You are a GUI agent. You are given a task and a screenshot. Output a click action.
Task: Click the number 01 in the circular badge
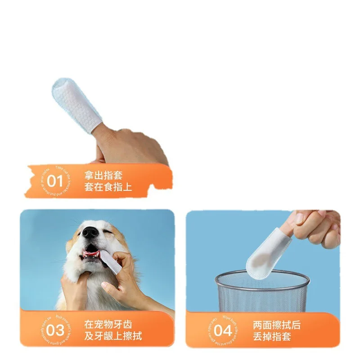pyautogui.click(x=55, y=181)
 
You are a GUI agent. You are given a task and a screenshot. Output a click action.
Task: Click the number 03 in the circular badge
pyautogui.click(x=55, y=330)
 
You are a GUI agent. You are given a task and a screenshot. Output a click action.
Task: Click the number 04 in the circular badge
pyautogui.click(x=222, y=331)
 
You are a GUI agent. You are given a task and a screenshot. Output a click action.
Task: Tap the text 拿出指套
pyautogui.click(x=103, y=175)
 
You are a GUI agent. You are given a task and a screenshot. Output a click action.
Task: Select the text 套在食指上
pyautogui.click(x=108, y=187)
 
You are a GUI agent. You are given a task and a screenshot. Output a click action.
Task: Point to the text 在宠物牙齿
pyautogui.click(x=108, y=324)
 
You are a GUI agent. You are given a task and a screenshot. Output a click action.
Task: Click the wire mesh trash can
pyautogui.click(x=262, y=292)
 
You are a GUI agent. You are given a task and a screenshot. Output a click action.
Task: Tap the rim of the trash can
pyautogui.click(x=262, y=275)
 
